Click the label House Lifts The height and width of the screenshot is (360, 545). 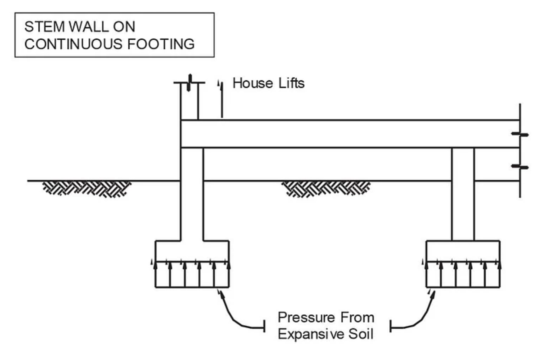268,83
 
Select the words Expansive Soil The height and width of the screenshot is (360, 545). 325,334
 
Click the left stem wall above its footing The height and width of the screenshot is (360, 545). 192,201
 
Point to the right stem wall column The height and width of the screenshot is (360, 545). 463,195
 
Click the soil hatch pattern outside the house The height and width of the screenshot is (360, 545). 87,188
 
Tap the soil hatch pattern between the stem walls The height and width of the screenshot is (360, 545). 326,188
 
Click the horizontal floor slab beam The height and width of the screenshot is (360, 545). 346,134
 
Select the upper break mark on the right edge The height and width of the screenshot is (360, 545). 520,134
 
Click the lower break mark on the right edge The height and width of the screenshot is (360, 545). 520,167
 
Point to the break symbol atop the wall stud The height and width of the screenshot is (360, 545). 189,82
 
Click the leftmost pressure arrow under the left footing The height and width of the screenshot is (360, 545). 155,274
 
